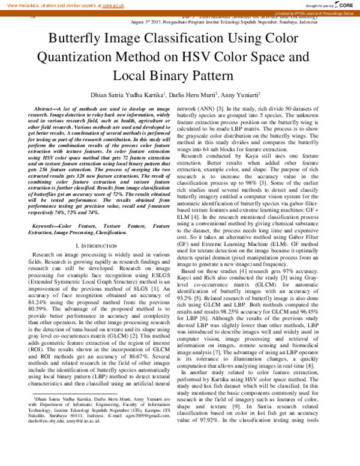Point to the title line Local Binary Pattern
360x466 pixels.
tap(180, 76)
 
